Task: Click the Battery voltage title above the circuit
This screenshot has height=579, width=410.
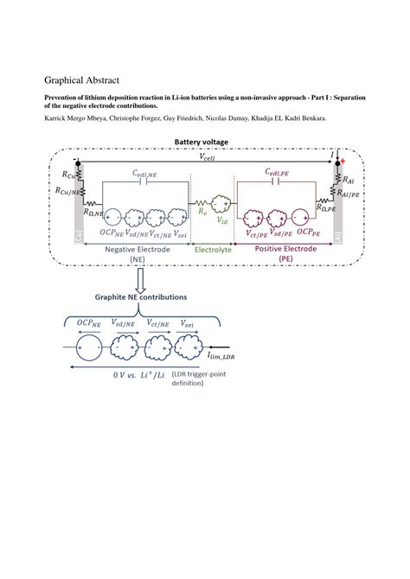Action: click(x=204, y=141)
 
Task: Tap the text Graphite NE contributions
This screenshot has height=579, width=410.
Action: click(x=141, y=296)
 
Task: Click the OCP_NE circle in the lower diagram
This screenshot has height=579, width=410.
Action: click(x=87, y=349)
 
